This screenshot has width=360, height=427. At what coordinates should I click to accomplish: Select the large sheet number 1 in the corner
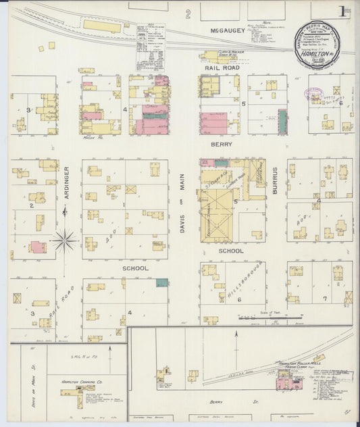point(344,11)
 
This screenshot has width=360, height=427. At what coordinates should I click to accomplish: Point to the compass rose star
point(65,238)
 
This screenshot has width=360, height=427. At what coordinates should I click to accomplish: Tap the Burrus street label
point(275,181)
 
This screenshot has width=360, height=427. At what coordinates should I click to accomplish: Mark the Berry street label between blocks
point(222,144)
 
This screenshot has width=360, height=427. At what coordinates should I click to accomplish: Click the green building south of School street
point(162,282)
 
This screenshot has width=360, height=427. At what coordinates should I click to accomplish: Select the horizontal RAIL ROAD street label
point(222,68)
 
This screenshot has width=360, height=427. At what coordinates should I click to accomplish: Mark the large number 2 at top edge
point(188,14)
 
